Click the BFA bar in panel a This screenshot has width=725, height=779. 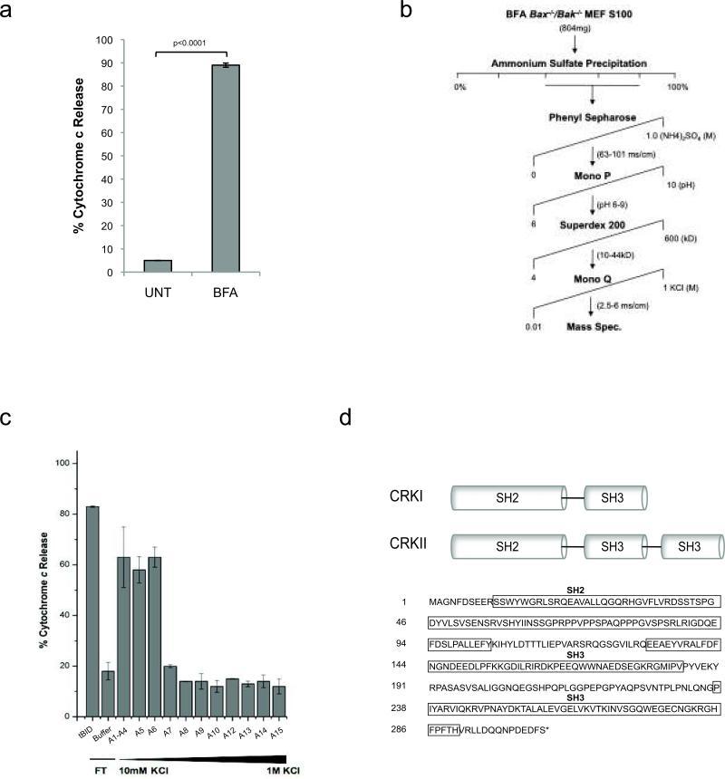click(225, 168)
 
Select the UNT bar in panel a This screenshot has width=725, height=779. click(158, 266)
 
